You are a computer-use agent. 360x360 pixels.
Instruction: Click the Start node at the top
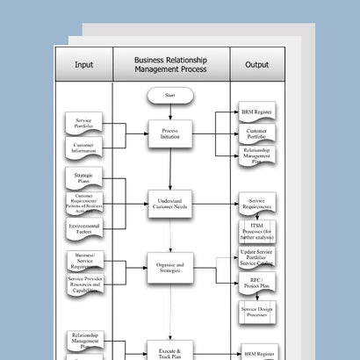pyautogui.click(x=170, y=94)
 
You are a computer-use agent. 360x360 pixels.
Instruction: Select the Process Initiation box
pyautogui.click(x=170, y=133)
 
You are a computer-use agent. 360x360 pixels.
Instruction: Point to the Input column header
pyautogui.click(x=84, y=64)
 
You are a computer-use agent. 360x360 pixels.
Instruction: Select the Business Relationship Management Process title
pyautogui.click(x=171, y=64)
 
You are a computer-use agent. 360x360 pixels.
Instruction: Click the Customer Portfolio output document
pyautogui.click(x=257, y=134)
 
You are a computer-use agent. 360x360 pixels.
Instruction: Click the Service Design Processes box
pyautogui.click(x=257, y=312)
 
